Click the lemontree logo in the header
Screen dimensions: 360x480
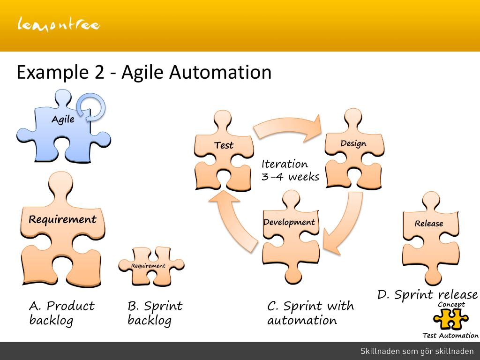coord(59,24)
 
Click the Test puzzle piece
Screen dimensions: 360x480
coord(224,155)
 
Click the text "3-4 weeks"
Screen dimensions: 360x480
coord(290,177)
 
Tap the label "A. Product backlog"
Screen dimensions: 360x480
coord(61,313)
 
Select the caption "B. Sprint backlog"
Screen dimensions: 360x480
coord(155,313)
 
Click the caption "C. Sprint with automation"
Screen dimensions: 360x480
coord(310,313)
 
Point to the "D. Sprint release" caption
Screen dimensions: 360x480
coord(427,294)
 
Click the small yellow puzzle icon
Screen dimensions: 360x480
coord(450,320)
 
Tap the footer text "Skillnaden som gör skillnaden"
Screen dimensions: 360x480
coord(417,351)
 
